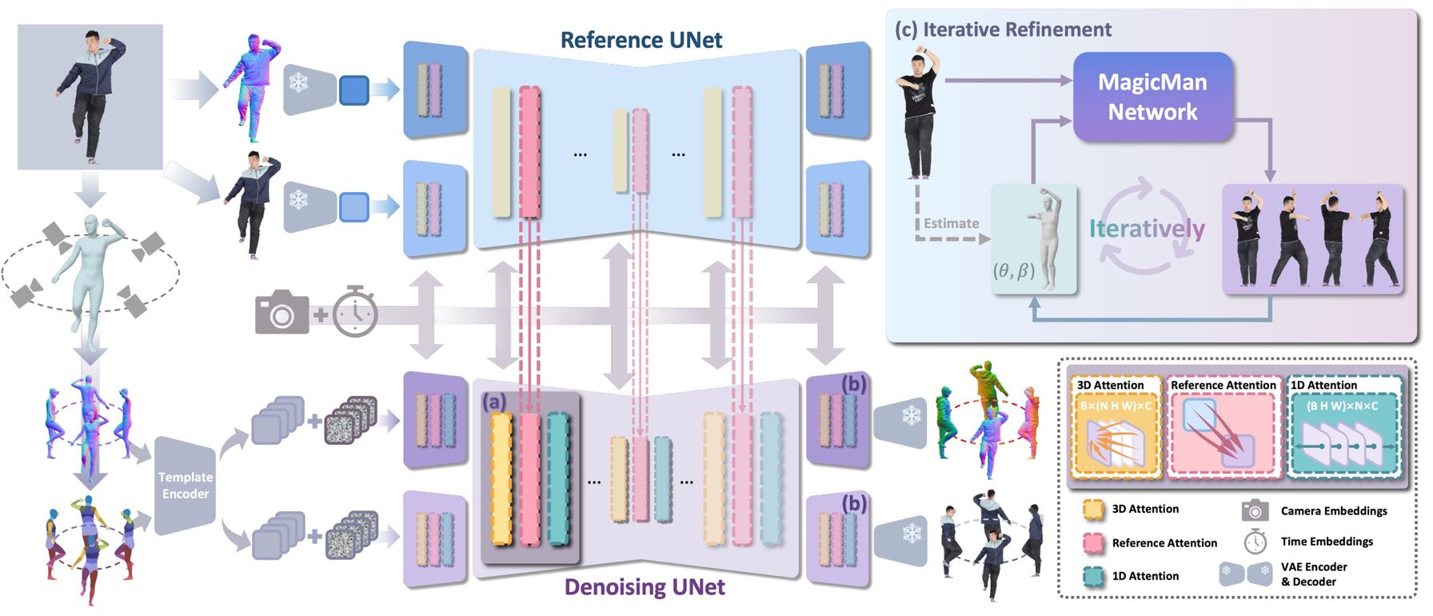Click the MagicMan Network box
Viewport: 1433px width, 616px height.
[x=1152, y=97]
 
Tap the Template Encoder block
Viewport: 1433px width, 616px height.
[x=186, y=486]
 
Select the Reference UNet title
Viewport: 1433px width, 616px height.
[x=641, y=40]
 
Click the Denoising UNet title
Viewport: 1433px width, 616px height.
[x=645, y=587]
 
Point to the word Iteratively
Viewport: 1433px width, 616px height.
[x=1147, y=229]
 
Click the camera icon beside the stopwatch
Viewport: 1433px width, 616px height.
[x=281, y=313]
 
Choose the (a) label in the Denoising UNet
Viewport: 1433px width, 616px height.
[x=494, y=402]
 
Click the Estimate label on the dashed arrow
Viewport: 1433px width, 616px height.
[x=951, y=224]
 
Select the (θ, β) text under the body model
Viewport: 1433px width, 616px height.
[x=1014, y=270]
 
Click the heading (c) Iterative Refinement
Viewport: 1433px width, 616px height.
[x=1003, y=30]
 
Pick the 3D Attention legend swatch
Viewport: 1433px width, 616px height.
[x=1093, y=510]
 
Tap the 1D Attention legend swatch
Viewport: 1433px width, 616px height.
[x=1093, y=576]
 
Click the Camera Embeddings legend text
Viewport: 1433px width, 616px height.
[x=1334, y=510]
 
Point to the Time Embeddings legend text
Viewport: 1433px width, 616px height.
[x=1327, y=542]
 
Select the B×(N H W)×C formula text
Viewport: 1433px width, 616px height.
[x=1116, y=406]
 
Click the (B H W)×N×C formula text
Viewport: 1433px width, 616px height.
[x=1347, y=406]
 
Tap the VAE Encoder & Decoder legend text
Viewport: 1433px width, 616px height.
[x=1314, y=574]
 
